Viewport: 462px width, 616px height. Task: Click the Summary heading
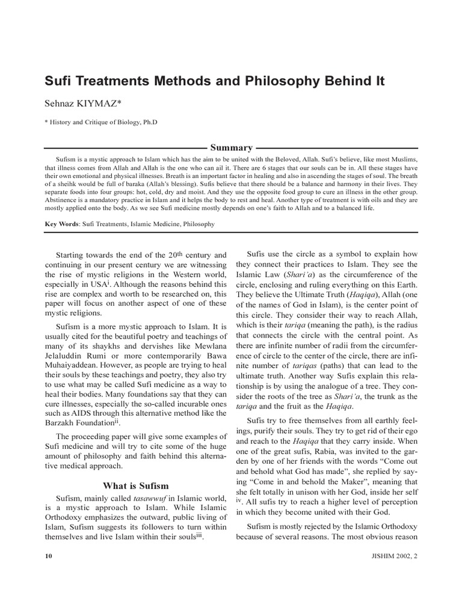tap(230, 147)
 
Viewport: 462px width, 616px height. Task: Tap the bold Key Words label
tap(63, 224)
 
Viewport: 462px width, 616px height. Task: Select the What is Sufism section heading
tap(136, 485)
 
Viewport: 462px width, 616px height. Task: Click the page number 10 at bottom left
tap(49, 556)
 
